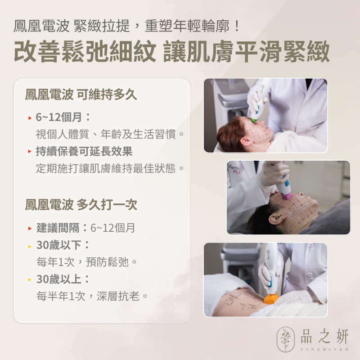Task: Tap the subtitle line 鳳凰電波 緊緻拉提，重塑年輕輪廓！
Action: (x=127, y=25)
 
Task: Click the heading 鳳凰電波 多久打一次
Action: (x=81, y=205)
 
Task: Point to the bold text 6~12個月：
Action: (x=63, y=117)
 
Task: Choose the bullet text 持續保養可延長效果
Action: (x=84, y=151)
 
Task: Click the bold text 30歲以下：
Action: (x=63, y=245)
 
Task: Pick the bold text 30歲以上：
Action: (x=63, y=279)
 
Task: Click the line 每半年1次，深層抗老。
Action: (x=92, y=296)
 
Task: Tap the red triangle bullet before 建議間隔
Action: (x=30, y=229)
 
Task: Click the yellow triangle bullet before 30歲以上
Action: (x=30, y=279)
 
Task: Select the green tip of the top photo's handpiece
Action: (x=255, y=119)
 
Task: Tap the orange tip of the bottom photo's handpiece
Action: (x=271, y=298)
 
